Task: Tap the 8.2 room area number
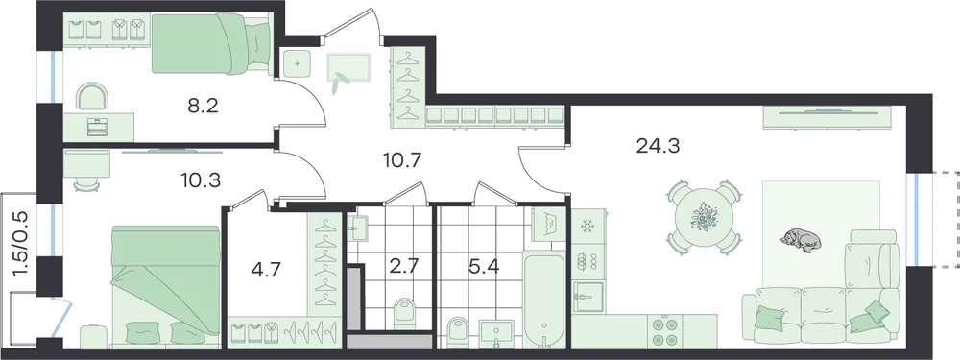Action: tap(204, 107)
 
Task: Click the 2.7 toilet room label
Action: tap(403, 268)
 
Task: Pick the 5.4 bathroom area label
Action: tap(479, 268)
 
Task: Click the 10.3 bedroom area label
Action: tap(201, 180)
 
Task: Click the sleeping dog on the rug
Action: tap(801, 240)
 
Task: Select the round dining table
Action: tap(704, 218)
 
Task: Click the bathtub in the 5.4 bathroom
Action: tap(543, 300)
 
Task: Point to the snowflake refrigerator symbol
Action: tap(588, 227)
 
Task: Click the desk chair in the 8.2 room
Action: tap(92, 97)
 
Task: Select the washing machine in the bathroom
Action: tap(549, 228)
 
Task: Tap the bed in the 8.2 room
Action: tap(211, 44)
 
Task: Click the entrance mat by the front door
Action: tap(349, 67)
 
